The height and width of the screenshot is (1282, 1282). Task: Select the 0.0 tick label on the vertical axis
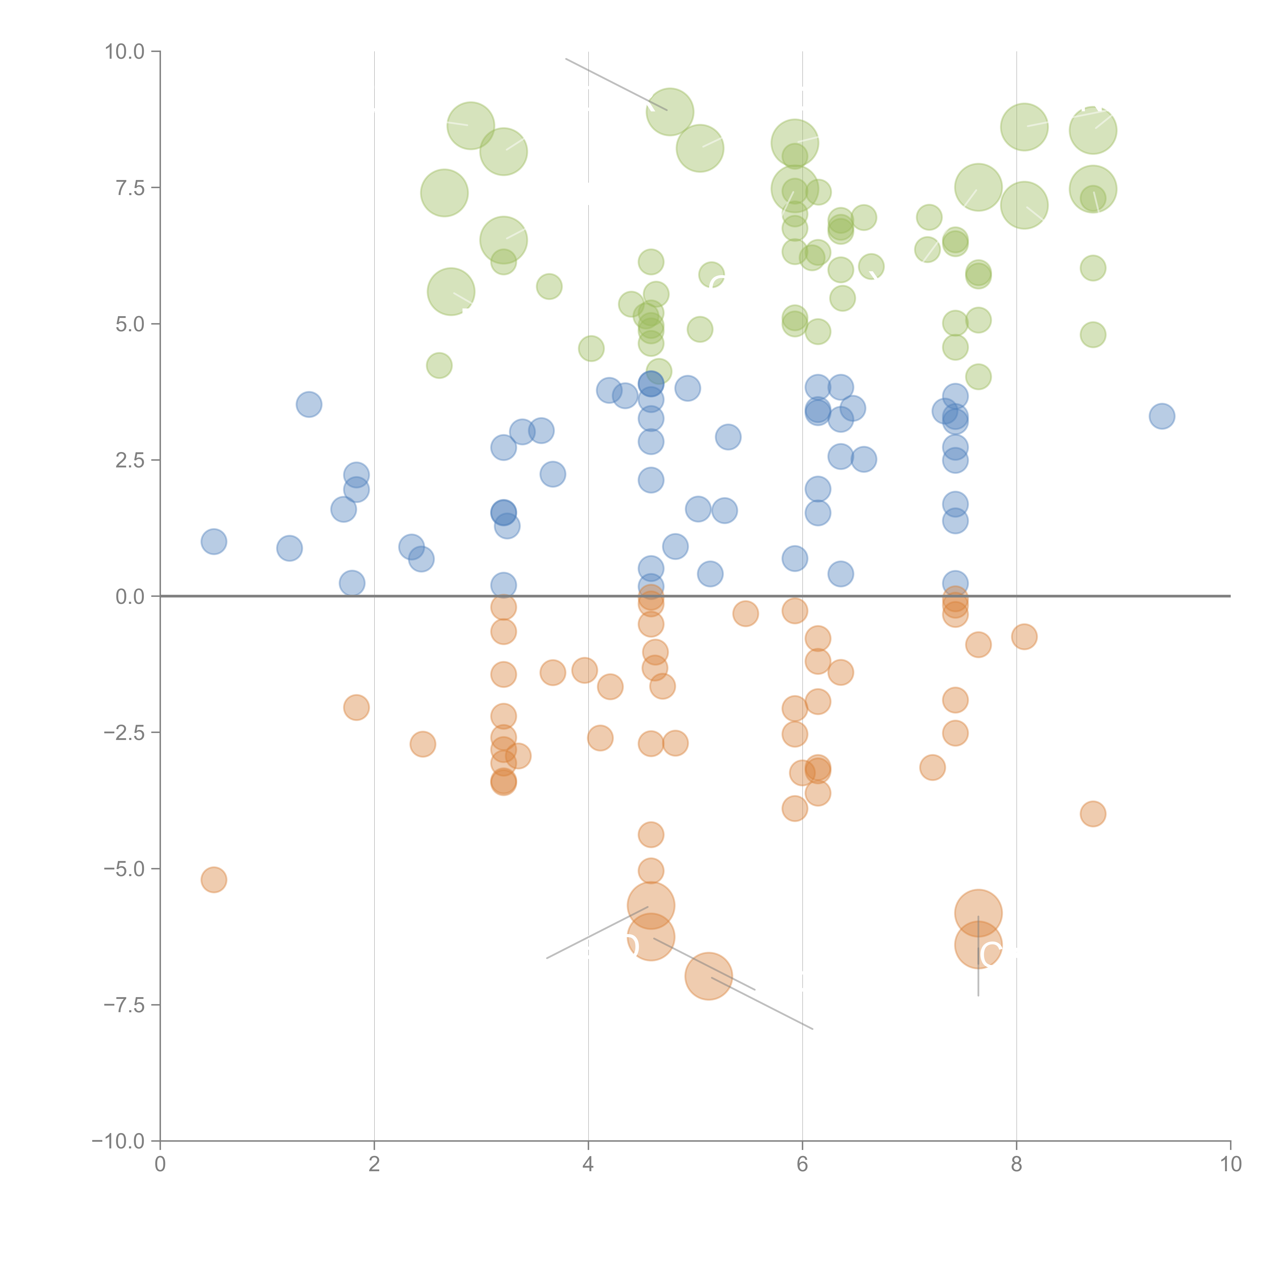[130, 597]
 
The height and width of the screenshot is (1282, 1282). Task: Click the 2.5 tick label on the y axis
[130, 460]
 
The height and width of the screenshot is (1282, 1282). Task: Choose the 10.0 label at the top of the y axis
[125, 52]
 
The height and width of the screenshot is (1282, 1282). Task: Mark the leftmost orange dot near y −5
[214, 880]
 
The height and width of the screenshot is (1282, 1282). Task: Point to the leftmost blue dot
[214, 542]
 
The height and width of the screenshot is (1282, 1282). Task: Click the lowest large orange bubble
[709, 975]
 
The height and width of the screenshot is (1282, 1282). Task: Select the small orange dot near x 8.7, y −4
[1093, 814]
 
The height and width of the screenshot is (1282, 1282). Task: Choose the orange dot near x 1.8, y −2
[356, 707]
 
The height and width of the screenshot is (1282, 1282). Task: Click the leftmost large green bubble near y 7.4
[445, 193]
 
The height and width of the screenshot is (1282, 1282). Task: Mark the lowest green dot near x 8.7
[1093, 334]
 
